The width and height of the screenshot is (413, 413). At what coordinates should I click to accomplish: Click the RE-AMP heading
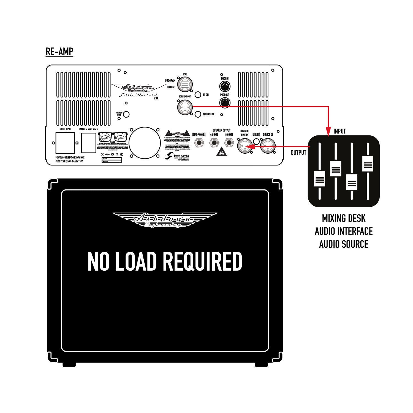(x=59, y=52)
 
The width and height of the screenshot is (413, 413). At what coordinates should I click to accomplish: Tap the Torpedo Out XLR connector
(x=185, y=107)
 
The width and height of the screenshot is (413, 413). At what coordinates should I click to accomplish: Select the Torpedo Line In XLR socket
(x=244, y=146)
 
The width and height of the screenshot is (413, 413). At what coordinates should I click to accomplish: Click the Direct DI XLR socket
(x=268, y=146)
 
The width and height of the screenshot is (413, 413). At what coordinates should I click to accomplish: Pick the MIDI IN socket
(x=225, y=86)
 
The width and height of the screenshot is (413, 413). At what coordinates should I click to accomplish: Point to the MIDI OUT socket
(x=225, y=103)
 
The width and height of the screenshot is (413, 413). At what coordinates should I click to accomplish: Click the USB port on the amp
(x=185, y=85)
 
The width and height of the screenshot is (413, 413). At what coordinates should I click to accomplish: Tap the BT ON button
(x=198, y=95)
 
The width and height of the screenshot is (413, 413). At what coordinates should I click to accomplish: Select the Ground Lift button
(x=198, y=114)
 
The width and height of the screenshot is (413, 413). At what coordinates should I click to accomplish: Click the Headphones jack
(x=199, y=143)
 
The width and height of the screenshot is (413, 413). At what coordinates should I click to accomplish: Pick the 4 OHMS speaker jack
(x=214, y=143)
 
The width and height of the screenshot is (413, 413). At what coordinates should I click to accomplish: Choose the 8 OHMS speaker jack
(x=229, y=143)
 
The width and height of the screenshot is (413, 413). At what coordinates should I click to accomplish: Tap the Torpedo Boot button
(x=126, y=114)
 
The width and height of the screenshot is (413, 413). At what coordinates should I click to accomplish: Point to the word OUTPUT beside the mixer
(x=298, y=153)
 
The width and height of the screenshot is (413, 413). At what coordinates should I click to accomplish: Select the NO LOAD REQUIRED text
(x=165, y=261)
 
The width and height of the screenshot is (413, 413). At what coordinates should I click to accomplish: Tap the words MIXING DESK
(x=344, y=219)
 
